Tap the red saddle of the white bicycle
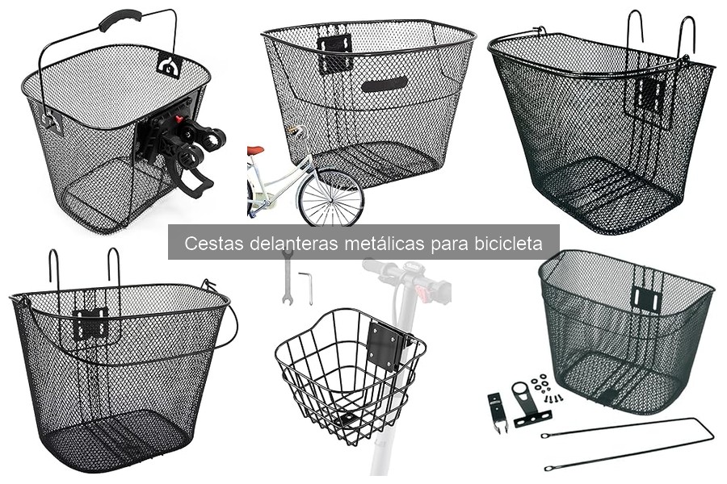click(x=256, y=150)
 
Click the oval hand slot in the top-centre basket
click(x=385, y=85)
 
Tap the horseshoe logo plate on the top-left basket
click(x=170, y=64)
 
